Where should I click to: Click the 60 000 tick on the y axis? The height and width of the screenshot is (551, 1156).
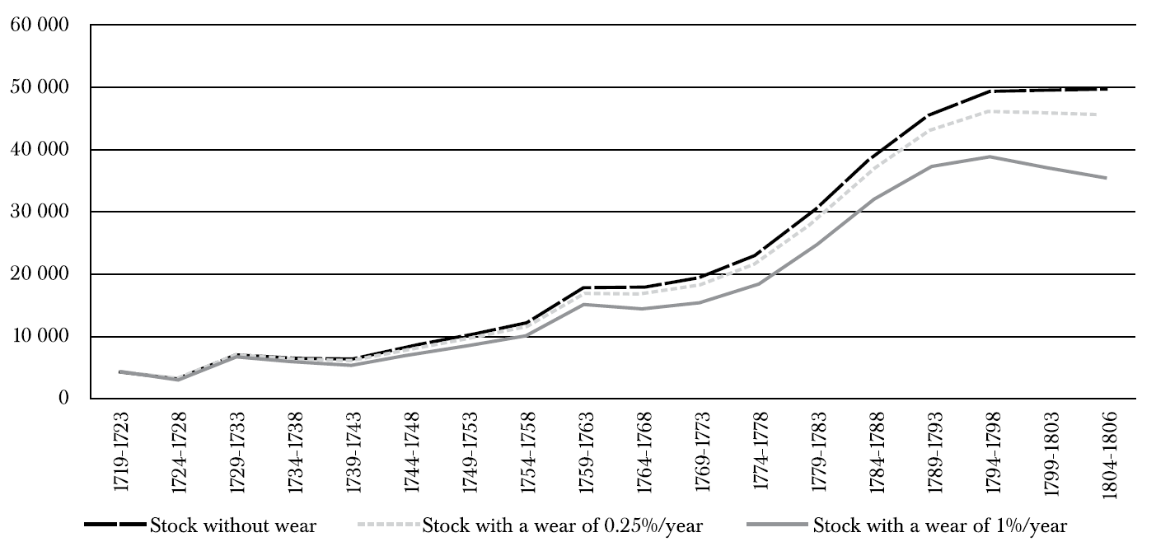[40, 25]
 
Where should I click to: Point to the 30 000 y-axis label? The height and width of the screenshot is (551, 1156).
[40, 212]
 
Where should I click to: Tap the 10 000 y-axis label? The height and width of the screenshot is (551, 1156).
[40, 336]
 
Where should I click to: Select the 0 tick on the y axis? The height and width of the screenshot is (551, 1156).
[63, 399]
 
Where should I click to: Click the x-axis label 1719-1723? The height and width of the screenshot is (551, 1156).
[121, 452]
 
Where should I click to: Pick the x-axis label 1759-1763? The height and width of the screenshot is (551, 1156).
[587, 452]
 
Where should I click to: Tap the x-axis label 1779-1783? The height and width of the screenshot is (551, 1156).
[819, 452]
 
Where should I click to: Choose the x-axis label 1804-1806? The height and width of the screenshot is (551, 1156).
[1109, 455]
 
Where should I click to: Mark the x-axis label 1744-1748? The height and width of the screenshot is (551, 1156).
[412, 452]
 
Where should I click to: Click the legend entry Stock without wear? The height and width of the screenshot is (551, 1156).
[200, 525]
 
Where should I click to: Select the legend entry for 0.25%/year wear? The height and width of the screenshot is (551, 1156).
[530, 525]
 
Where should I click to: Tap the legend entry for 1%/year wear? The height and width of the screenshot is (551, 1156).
[906, 525]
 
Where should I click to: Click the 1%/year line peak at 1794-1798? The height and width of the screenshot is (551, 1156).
[990, 156]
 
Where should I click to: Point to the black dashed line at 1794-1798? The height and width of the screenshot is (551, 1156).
[990, 91]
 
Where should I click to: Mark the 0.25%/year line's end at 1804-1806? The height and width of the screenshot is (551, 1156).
[1106, 114]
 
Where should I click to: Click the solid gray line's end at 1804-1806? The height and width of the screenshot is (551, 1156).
[1106, 178]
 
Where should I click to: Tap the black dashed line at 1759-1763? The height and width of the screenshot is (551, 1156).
[583, 287]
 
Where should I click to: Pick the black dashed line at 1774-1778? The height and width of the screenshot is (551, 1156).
[757, 254]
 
